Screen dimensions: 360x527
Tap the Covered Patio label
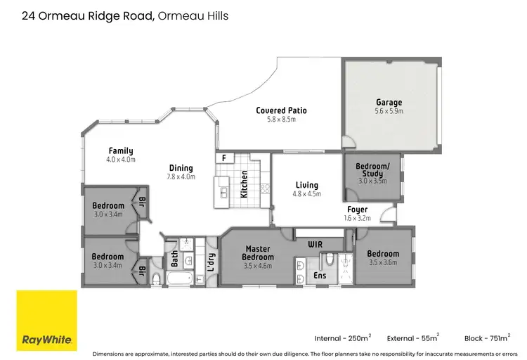pos(281,110)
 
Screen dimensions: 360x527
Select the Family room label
pos(120,150)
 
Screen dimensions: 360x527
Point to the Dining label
pos(181,167)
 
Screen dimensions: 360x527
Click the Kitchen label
pos(244,184)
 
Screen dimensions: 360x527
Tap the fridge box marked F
pos(223,158)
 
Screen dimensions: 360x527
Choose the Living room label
pos(306,186)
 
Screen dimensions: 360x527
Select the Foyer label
pos(357,210)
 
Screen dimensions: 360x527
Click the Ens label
pos(319,276)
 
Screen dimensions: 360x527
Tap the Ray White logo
pos(47,320)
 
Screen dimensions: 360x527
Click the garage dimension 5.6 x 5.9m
pos(389,111)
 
